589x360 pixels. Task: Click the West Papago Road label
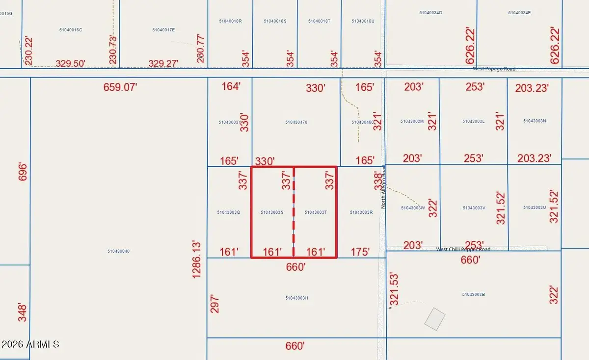(x=494, y=69)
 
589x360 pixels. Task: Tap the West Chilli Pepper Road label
(x=463, y=249)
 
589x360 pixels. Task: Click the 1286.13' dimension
(x=197, y=259)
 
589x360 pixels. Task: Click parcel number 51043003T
(x=316, y=212)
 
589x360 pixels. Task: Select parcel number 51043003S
(x=272, y=212)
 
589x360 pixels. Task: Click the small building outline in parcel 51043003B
(x=434, y=319)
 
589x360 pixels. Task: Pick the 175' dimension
(x=361, y=252)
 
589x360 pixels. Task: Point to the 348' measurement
(x=23, y=312)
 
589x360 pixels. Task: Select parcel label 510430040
(x=118, y=251)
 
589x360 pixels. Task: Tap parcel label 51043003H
(x=296, y=298)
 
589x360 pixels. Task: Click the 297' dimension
(x=214, y=304)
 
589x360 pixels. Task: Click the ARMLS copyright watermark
(x=30, y=344)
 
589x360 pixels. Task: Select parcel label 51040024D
(x=431, y=12)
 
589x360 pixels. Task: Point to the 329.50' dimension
(x=71, y=63)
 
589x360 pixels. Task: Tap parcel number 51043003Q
(x=228, y=212)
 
